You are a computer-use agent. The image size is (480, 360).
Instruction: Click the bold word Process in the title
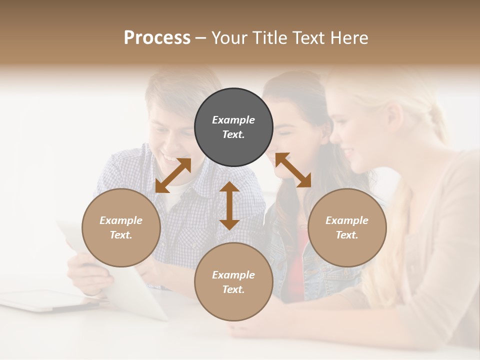157,38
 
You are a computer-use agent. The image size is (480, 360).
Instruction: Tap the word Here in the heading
349,38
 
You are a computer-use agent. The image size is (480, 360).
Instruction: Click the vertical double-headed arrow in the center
229,205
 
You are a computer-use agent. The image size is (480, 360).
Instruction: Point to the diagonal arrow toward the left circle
173,175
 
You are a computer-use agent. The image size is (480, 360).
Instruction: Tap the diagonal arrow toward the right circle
293,170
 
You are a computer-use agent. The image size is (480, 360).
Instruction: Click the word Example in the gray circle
233,120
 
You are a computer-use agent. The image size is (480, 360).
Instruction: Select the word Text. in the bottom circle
233,289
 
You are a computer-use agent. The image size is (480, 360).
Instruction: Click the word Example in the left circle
121,220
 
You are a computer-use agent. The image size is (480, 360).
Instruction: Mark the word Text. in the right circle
347,235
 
